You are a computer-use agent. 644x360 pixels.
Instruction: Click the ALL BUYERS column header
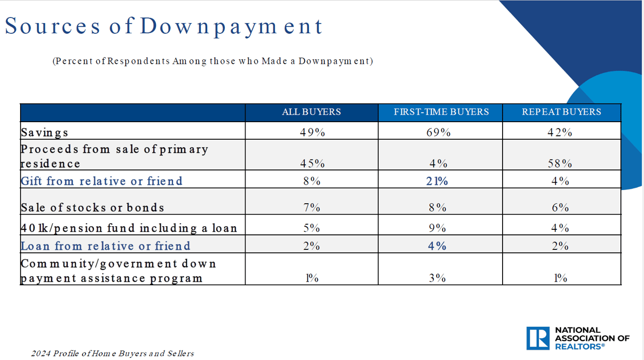[x=311, y=112]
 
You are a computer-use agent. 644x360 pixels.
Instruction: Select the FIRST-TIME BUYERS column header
[x=441, y=112]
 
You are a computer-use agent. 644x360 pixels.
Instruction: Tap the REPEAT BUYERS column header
[x=561, y=112]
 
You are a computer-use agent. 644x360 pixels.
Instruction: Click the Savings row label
[x=44, y=133]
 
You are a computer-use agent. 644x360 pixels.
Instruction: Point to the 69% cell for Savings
[x=439, y=132]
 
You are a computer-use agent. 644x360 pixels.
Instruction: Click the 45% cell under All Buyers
[x=312, y=163]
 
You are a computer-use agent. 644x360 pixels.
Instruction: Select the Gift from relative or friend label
[x=101, y=181]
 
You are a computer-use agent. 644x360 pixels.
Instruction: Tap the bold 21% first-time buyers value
[x=438, y=181]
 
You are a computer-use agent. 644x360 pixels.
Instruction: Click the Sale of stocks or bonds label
[x=93, y=208]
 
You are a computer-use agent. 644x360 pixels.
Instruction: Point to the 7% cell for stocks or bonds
[x=312, y=208]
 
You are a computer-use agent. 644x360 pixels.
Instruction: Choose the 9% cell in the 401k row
[x=438, y=228]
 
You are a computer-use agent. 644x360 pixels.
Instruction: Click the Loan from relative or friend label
[x=105, y=246]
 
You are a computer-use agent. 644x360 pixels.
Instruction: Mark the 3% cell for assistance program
[x=438, y=278]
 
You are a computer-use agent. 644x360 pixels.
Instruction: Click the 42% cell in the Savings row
[x=560, y=132]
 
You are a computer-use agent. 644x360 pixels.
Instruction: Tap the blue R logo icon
[x=538, y=338]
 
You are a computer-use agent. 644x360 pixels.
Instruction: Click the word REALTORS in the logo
[x=579, y=346]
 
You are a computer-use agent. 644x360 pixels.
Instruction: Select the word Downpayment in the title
[x=231, y=26]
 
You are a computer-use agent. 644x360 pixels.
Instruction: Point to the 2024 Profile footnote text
[x=112, y=353]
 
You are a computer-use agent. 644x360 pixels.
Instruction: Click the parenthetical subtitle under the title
[x=212, y=61]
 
